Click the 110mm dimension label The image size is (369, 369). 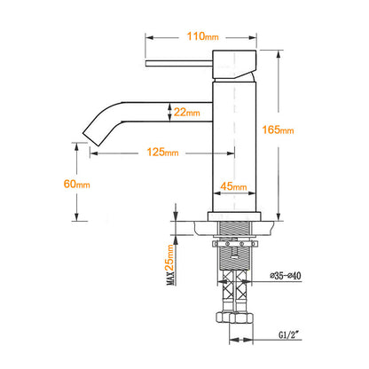(x=202, y=36)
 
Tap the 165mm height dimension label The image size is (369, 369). (x=278, y=130)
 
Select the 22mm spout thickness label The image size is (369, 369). (x=186, y=112)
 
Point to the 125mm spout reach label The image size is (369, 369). (x=162, y=152)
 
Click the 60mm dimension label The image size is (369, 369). (x=77, y=184)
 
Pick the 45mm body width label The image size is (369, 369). (x=233, y=186)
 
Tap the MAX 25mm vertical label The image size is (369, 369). (x=170, y=264)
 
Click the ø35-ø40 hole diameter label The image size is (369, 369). (x=286, y=276)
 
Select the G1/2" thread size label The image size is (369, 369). (x=289, y=334)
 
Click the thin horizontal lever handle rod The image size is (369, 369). (x=179, y=64)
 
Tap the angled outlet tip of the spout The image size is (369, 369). (x=90, y=138)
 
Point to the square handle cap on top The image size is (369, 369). (x=234, y=65)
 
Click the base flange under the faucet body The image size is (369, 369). (x=234, y=216)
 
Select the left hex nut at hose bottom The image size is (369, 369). (x=224, y=317)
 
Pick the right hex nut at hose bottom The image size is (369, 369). (x=243, y=318)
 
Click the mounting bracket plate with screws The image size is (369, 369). (x=235, y=244)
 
